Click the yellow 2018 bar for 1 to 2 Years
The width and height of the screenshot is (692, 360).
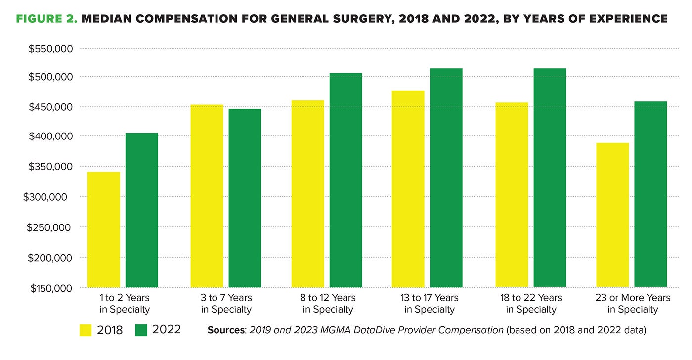point(103,229)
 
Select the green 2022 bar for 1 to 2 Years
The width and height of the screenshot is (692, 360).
point(141,210)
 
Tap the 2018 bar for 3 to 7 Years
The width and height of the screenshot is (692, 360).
point(207,196)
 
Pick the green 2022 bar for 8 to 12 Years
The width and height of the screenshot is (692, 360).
point(346,180)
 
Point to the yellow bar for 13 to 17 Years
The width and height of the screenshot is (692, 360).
point(408,189)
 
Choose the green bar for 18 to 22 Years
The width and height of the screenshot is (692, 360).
point(550,178)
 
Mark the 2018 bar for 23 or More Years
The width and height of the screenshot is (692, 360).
point(612,215)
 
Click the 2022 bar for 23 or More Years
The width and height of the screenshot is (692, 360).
point(650,194)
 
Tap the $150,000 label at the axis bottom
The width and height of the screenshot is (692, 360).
point(48,288)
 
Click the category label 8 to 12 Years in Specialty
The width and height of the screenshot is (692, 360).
point(328,304)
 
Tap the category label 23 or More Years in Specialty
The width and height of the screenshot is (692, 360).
point(633,304)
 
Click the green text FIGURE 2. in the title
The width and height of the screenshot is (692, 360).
point(46,19)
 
